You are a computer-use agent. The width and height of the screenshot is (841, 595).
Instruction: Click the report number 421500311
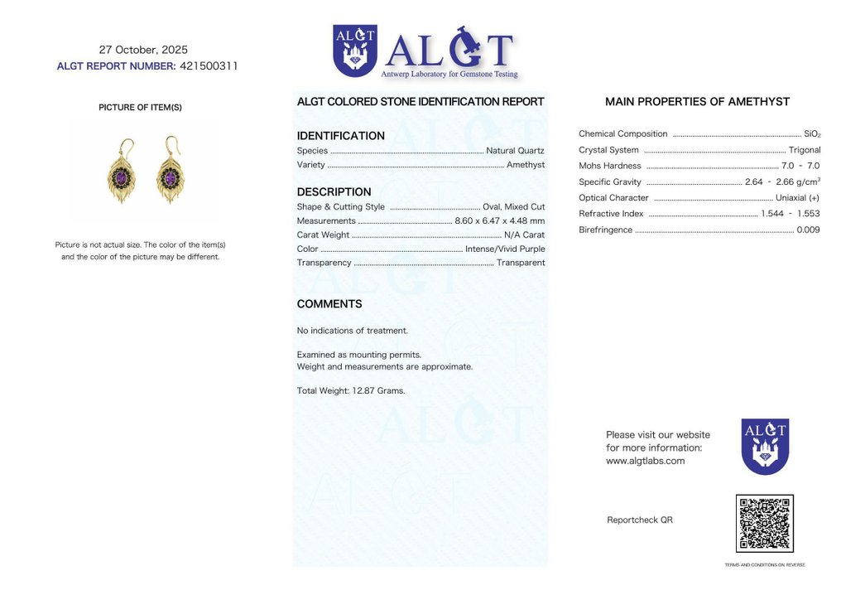pyautogui.click(x=209, y=66)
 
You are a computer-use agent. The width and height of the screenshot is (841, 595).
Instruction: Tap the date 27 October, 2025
pyautogui.click(x=143, y=50)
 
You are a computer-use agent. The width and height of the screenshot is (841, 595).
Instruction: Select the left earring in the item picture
pyautogui.click(x=122, y=172)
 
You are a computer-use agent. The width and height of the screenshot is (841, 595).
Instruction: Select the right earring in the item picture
pyautogui.click(x=171, y=172)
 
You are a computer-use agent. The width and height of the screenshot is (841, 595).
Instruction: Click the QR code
pyautogui.click(x=764, y=524)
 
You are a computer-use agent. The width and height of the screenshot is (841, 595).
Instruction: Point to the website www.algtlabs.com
pyautogui.click(x=645, y=461)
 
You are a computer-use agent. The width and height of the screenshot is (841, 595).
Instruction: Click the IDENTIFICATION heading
pyautogui.click(x=340, y=136)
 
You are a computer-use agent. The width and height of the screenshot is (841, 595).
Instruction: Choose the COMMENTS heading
pyautogui.click(x=329, y=304)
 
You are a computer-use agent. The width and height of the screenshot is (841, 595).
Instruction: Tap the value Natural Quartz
pyautogui.click(x=515, y=151)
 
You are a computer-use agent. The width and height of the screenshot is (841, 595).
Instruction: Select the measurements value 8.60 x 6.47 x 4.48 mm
pyautogui.click(x=499, y=220)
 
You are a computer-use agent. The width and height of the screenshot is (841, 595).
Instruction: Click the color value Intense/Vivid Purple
pyautogui.click(x=505, y=249)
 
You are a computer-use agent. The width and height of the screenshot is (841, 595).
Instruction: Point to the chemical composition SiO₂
pyautogui.click(x=812, y=134)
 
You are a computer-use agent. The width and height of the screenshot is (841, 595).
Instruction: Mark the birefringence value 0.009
pyautogui.click(x=808, y=230)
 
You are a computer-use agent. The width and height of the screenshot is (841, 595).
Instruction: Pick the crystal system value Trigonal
pyautogui.click(x=805, y=150)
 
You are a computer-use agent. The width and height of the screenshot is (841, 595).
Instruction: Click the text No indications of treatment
pyautogui.click(x=352, y=331)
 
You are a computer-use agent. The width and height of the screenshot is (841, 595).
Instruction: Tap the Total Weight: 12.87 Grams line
pyautogui.click(x=351, y=390)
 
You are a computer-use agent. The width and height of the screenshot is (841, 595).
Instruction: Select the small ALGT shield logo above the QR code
pyautogui.click(x=765, y=446)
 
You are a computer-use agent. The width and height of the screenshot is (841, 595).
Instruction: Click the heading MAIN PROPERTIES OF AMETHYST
pyautogui.click(x=697, y=102)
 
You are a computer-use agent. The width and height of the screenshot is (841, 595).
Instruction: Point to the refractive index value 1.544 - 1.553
pyautogui.click(x=791, y=214)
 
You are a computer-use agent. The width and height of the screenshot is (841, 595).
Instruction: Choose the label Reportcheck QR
pyautogui.click(x=639, y=520)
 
